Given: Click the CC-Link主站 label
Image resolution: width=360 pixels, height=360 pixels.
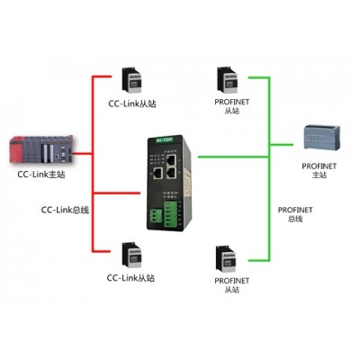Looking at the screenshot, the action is [x=41, y=175].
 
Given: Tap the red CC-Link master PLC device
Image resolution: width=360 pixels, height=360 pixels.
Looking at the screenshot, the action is [x=41, y=149].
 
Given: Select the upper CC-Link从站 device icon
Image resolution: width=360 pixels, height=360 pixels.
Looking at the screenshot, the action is [x=131, y=79].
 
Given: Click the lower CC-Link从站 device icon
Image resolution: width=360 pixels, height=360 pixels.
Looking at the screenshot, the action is [x=131, y=256].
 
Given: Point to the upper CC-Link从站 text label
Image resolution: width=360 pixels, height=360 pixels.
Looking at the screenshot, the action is [x=132, y=103].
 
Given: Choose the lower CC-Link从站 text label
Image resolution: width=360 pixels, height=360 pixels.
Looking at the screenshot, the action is [x=130, y=278].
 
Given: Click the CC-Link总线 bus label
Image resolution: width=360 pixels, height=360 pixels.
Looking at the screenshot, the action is [x=65, y=210].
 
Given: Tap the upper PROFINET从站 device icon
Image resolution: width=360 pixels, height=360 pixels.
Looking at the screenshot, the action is [x=227, y=79].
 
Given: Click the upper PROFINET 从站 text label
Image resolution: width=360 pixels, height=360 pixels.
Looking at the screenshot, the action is [x=232, y=106].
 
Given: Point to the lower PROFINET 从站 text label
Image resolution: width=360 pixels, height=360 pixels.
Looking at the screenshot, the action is [x=232, y=285].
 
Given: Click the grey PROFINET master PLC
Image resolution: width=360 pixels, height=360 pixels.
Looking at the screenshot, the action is [x=322, y=138].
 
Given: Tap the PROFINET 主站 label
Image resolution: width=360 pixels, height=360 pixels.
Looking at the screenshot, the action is [x=319, y=170].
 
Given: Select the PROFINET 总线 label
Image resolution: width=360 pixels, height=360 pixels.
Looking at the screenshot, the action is [x=295, y=214].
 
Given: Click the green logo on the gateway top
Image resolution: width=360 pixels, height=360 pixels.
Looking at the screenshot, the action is [x=165, y=139].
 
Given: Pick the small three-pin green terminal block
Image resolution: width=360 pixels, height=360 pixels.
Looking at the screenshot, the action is [x=155, y=216].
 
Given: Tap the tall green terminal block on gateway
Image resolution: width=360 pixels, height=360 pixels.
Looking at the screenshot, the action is [x=170, y=214].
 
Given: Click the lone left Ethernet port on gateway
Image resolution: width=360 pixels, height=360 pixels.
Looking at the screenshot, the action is [x=157, y=173].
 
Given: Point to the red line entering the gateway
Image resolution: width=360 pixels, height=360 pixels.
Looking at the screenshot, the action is [x=117, y=193].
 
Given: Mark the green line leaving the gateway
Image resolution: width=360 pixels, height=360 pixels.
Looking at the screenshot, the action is [x=233, y=157].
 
